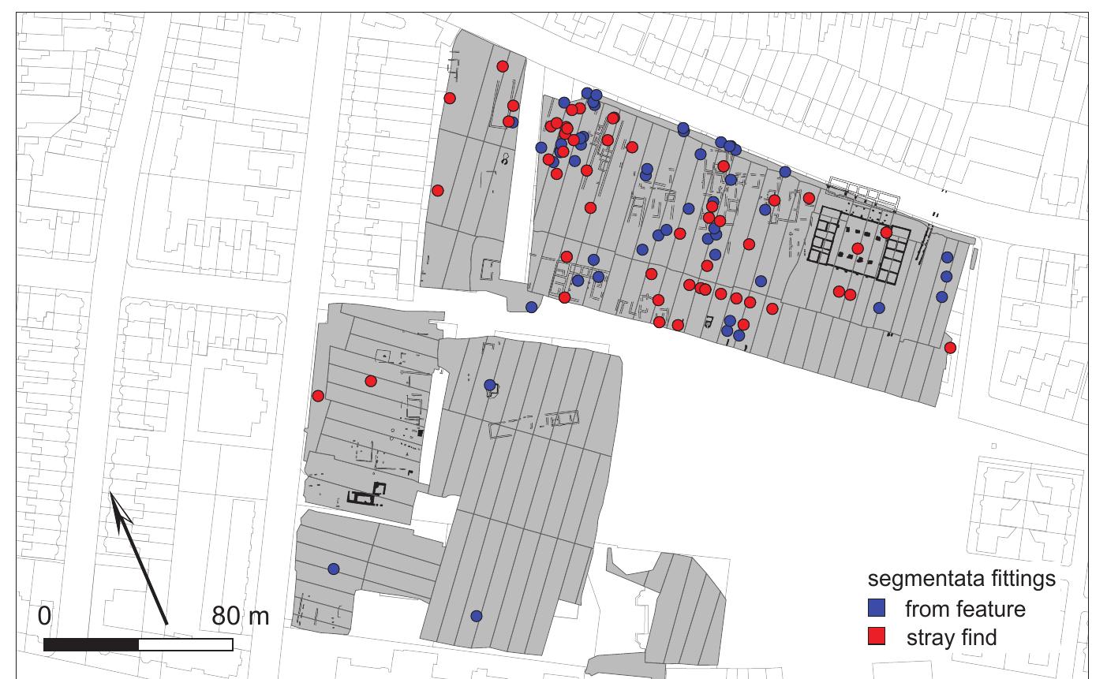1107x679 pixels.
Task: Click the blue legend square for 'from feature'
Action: click(877, 608)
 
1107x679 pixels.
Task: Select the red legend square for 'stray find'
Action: click(877, 636)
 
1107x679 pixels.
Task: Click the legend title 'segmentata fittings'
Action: click(961, 579)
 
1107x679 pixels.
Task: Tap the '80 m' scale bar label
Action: click(240, 616)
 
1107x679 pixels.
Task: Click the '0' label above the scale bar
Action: click(44, 616)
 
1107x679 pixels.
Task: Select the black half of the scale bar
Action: click(92, 645)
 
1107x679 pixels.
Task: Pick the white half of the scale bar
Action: click(185, 645)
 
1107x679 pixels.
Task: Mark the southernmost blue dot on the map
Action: click(476, 616)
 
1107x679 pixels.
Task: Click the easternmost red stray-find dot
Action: click(950, 348)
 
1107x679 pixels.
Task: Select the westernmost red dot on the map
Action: click(318, 396)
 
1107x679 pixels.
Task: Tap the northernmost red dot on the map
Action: click(502, 66)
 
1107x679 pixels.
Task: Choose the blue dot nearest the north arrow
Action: click(333, 569)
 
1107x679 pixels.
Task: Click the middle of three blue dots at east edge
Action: click(946, 276)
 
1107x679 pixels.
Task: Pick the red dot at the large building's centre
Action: click(858, 248)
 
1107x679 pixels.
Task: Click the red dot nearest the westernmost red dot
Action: click(371, 382)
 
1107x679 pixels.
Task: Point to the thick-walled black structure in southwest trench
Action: click(366, 495)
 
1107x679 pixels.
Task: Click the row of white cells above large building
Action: click(862, 194)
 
